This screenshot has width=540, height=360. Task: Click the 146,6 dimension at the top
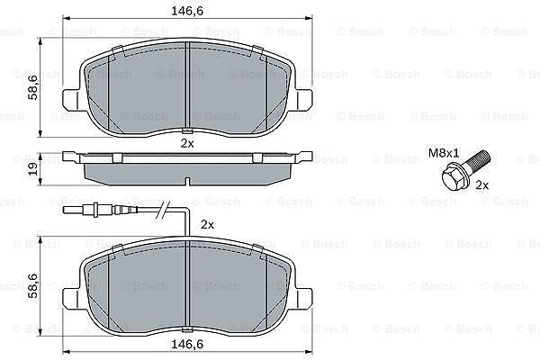click(187, 11)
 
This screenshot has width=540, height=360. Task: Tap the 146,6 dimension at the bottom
click(187, 344)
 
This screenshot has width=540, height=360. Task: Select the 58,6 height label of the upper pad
click(33, 88)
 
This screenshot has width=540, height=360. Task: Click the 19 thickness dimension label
click(33, 169)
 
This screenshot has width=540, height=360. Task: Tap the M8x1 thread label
click(444, 153)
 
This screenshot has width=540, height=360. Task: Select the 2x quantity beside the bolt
click(482, 185)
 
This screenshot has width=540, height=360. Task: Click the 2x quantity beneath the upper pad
click(187, 143)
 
